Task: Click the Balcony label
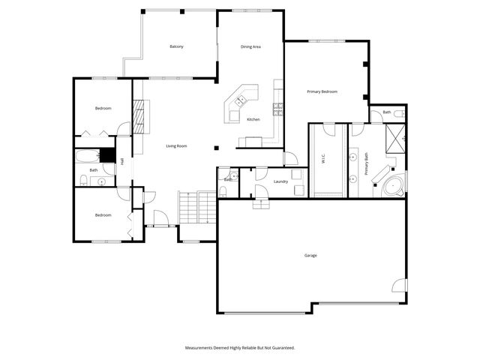[176, 47]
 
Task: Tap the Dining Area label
[250, 47]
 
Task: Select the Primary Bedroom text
[322, 91]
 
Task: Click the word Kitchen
[253, 120]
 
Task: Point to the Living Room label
[176, 145]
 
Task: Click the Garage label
[310, 256]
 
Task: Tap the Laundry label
[281, 181]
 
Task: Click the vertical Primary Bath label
[367, 164]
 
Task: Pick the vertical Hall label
[122, 160]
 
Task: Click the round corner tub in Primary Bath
[392, 186]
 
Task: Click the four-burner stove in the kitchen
[278, 108]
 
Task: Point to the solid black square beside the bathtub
[107, 155]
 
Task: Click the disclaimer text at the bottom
[240, 348]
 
